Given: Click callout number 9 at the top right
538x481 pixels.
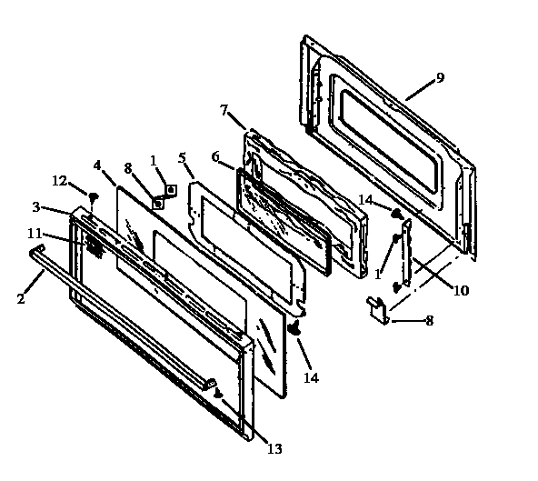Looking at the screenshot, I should [x=440, y=78].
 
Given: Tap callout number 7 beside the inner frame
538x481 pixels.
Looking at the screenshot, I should [x=224, y=111].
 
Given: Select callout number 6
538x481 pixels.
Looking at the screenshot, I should [x=216, y=156].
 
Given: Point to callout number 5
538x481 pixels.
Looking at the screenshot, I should [x=182, y=157].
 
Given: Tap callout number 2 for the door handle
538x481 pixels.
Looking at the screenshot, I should [x=21, y=297].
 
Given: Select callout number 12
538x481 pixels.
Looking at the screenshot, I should [x=59, y=180].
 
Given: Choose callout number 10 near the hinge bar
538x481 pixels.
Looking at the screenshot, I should [x=462, y=291].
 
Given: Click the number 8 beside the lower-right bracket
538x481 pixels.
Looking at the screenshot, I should [x=430, y=320].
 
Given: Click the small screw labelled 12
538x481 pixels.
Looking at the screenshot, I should [x=92, y=195].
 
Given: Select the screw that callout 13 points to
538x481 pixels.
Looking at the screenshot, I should [x=218, y=393].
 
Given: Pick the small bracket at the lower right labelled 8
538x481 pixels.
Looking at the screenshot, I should [x=378, y=310].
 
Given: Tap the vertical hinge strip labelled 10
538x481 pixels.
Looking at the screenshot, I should [x=406, y=255].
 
